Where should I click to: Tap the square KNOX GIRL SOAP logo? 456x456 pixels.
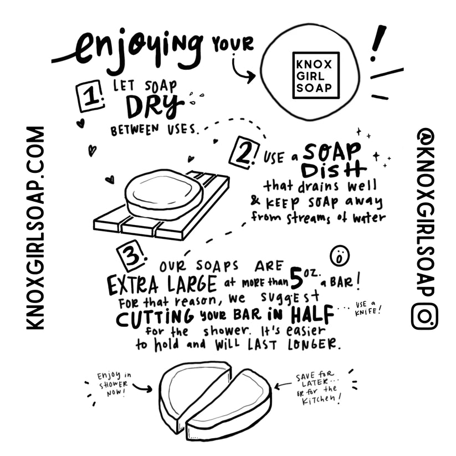(x=316, y=74)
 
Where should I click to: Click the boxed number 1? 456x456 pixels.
(x=90, y=96)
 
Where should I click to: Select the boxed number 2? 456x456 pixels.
(x=244, y=152)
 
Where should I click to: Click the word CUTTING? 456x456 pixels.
(x=155, y=317)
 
